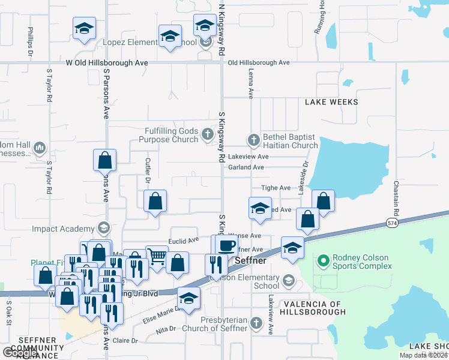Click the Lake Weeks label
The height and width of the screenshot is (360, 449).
[331, 102]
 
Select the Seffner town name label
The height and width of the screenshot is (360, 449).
[250, 261]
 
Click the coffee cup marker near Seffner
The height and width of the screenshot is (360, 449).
[226, 245]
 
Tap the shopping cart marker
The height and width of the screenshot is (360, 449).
[157, 256]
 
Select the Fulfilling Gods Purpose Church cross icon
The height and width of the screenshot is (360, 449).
[208, 134]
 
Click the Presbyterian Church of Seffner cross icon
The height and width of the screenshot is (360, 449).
[256, 323]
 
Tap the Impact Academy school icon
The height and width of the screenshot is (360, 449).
[103, 229]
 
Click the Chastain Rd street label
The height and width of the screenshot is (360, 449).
[397, 199]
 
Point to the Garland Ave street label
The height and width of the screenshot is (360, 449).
[246, 167]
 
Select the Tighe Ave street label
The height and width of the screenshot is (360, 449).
[276, 188]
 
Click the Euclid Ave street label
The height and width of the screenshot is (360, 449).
[184, 241]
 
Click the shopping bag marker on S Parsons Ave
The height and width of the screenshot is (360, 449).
[104, 161]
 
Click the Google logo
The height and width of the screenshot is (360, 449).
[20, 353]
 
